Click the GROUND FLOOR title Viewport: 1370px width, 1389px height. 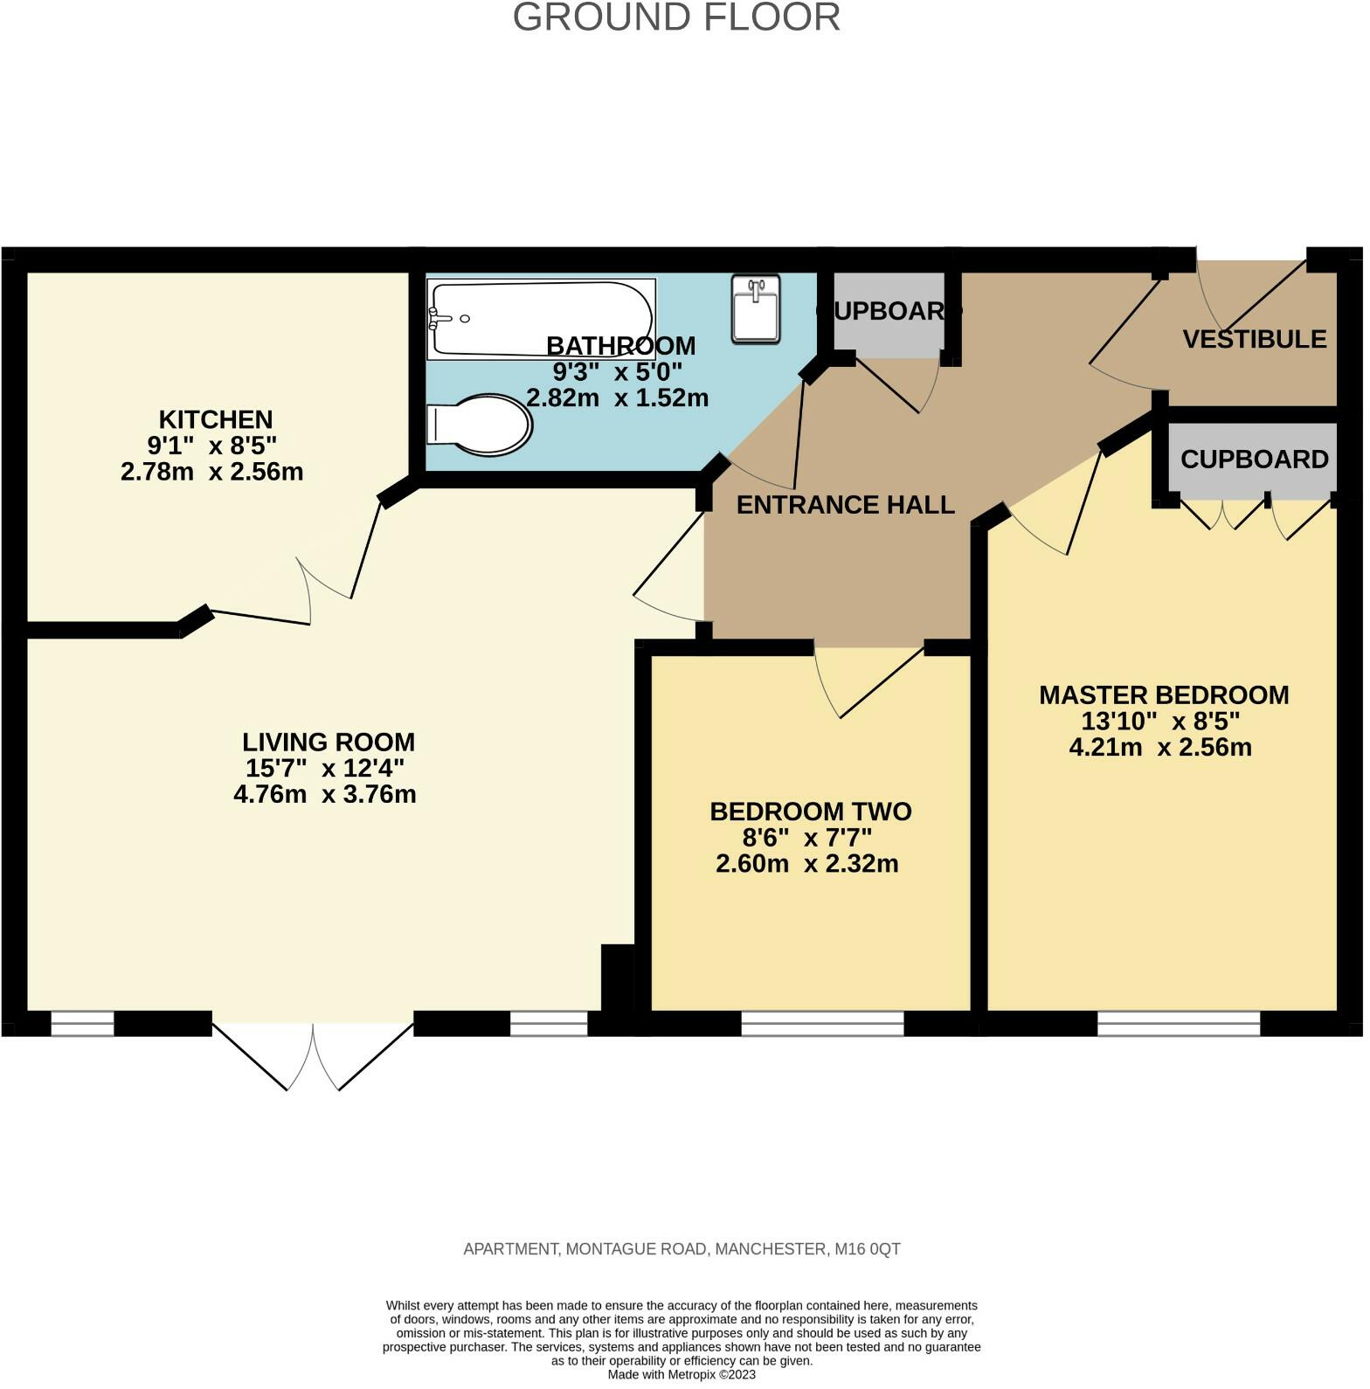coord(676,17)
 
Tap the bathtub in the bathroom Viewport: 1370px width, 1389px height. coord(542,319)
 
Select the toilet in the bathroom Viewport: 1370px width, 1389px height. coord(479,426)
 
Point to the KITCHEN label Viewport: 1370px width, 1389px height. coord(216,419)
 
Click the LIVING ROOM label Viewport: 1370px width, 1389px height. coord(329,743)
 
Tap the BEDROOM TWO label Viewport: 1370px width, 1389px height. coord(811,812)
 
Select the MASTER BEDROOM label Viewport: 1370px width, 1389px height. coord(1164,695)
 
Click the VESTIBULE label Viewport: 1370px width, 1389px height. coord(1255,339)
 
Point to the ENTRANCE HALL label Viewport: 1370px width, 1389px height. coord(846,505)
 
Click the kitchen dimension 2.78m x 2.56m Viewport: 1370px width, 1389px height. coord(211,472)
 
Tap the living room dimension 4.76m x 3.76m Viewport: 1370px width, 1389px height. coord(325,795)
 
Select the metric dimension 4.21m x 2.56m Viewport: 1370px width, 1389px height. coord(1160,748)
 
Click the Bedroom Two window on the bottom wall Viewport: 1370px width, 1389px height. coord(822,1024)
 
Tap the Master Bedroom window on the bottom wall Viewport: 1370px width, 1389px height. coord(1179,1024)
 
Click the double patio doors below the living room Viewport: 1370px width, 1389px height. coord(313,1056)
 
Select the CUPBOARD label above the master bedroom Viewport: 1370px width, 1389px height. coord(1255,460)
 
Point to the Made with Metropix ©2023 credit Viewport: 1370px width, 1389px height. coord(682,1374)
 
